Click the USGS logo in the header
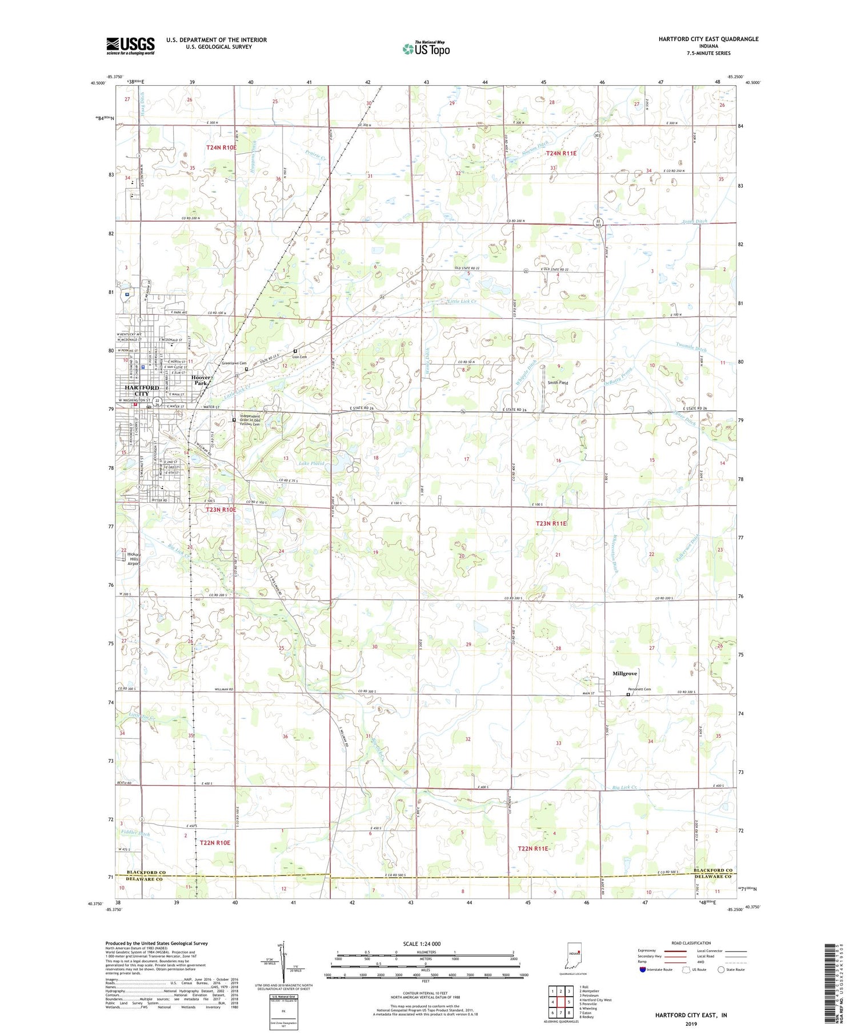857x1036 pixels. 130,46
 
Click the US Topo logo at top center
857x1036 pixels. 426,49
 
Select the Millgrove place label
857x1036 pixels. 624,674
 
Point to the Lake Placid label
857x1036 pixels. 311,463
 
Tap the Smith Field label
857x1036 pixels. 558,383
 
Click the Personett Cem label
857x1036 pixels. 639,689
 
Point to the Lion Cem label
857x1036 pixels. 299,357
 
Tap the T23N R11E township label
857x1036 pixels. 551,523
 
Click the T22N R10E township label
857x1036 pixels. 215,842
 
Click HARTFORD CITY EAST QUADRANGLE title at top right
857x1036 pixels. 708,39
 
